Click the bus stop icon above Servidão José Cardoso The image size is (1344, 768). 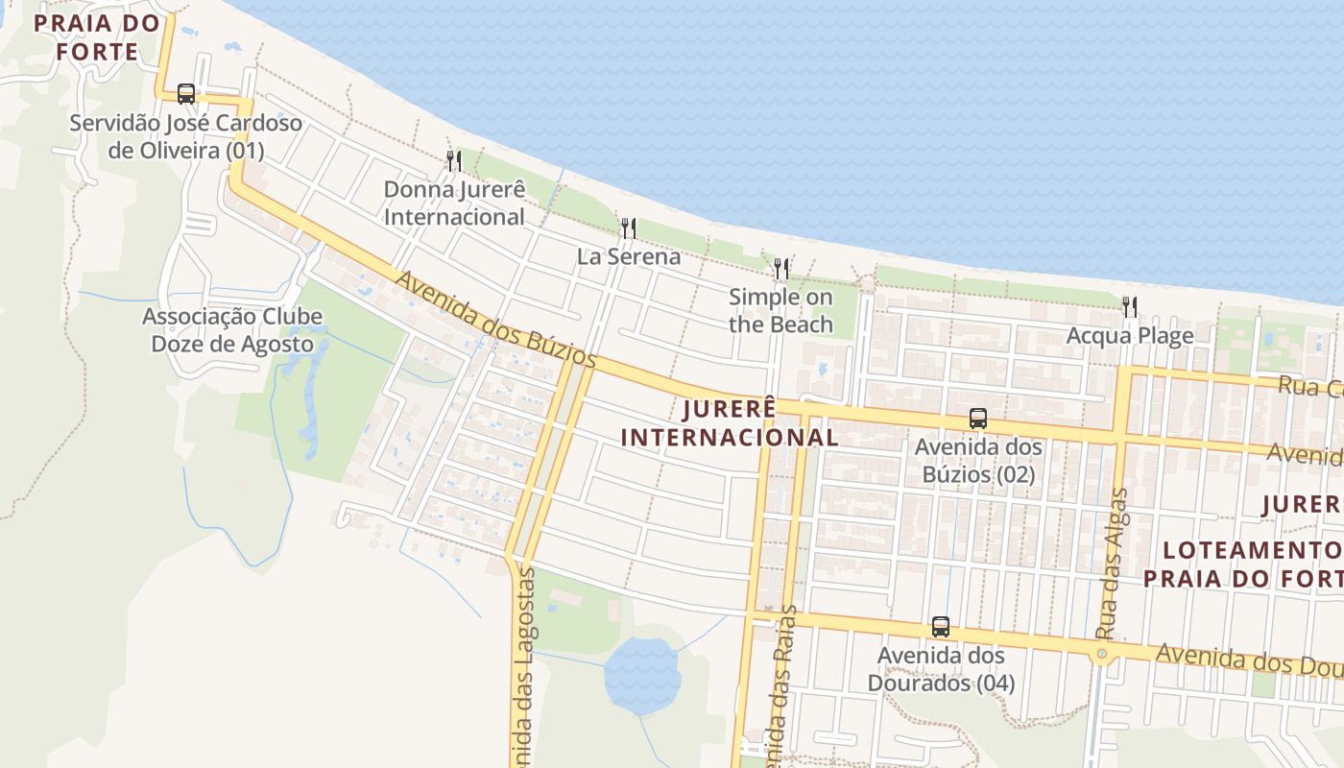pos(186,93)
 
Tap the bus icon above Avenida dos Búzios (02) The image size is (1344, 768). pos(978,419)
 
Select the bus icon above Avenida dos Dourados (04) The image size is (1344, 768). pos(941,627)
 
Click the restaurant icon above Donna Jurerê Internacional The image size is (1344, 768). pos(454,160)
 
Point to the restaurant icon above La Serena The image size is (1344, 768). pos(629,228)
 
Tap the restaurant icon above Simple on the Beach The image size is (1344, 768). pos(781,269)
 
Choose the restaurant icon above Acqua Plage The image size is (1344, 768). pos(1130,307)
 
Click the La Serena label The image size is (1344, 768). pos(629,256)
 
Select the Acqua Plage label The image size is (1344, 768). pos(1130,336)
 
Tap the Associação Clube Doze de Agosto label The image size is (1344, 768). pos(232,330)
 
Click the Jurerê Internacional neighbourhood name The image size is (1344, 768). pos(730,423)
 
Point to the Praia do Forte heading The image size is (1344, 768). pos(97,37)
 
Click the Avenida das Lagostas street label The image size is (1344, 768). pos(524,662)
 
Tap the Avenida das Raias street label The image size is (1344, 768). pos(780,691)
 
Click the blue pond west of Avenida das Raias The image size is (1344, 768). pos(641,675)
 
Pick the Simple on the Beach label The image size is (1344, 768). pos(780,310)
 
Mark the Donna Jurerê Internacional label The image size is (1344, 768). pos(454,203)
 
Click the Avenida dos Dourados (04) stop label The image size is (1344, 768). pos(941,669)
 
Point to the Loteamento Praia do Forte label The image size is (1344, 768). pos(1244,564)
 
